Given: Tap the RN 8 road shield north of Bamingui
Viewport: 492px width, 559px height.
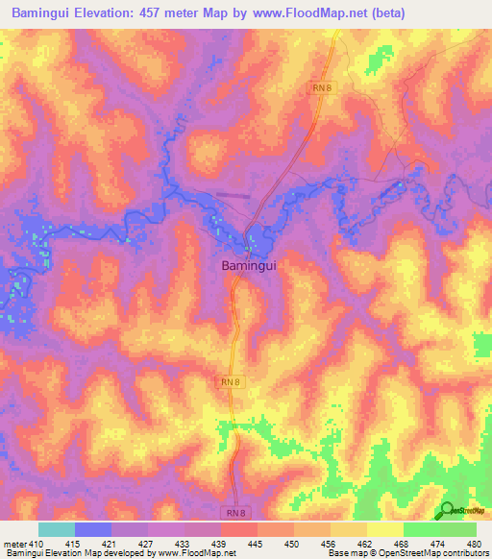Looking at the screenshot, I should pyautogui.click(x=322, y=87).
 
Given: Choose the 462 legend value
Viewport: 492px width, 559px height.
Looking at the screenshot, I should pyautogui.click(x=363, y=543).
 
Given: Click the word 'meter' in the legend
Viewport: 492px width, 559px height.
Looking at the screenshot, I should pyautogui.click(x=14, y=543).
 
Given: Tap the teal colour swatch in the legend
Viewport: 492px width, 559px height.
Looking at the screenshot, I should pyautogui.click(x=56, y=529).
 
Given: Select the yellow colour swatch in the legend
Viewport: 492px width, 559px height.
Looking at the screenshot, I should pyautogui.click(x=384, y=529).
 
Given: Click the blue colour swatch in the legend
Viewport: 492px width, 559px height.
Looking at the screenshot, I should pyautogui.click(x=92, y=529).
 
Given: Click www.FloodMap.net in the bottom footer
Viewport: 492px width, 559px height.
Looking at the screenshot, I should pyautogui.click(x=194, y=554).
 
